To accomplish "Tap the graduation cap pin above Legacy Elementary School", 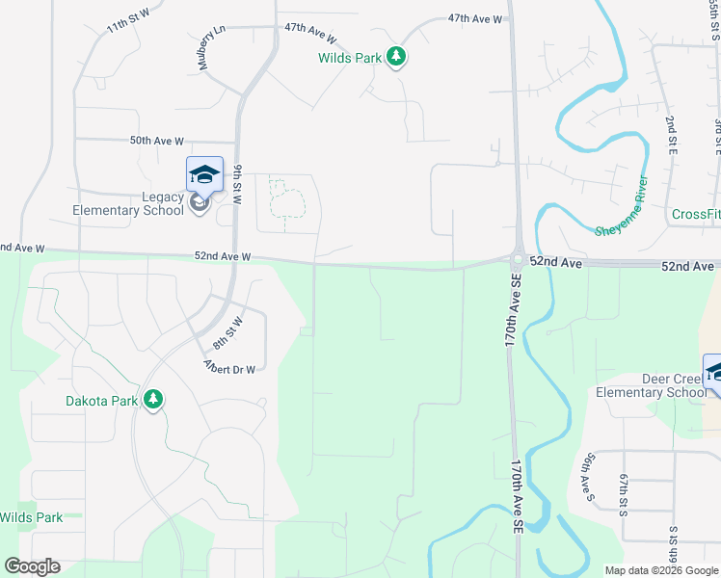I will point(204,173).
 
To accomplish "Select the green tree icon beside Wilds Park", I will point(395,57).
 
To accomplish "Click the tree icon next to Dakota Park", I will point(152,400).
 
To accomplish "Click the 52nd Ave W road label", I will point(223,256).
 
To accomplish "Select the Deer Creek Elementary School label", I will point(652,385).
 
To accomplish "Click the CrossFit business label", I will point(696,214).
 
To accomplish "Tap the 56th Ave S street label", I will point(586,478).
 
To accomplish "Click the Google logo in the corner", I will point(32,566).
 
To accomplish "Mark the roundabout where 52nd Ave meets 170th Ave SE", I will point(518,259).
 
